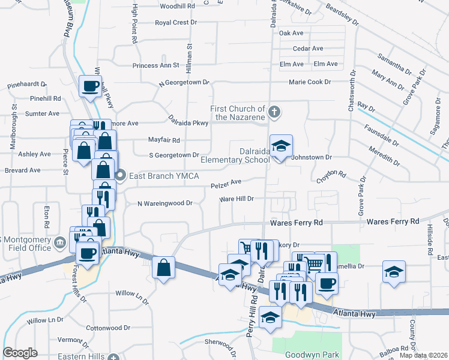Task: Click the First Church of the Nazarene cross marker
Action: tap(274, 112)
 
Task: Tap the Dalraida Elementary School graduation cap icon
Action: tap(280, 146)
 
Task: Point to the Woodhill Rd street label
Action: tap(178, 5)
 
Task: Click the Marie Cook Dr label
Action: tap(310, 82)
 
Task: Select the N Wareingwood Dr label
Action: tap(164, 203)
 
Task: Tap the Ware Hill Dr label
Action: tap(237, 199)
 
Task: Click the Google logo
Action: tap(20, 353)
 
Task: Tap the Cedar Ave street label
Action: tap(308, 49)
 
